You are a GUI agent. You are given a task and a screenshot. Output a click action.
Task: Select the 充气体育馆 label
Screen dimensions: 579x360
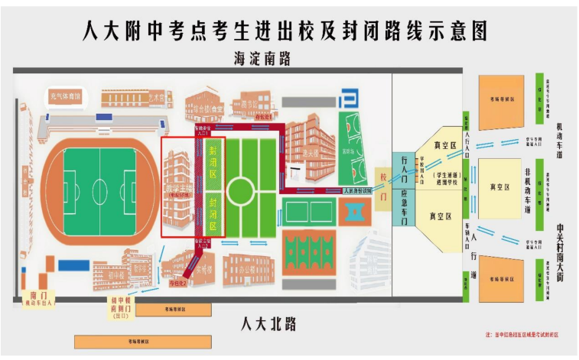pos(65,97)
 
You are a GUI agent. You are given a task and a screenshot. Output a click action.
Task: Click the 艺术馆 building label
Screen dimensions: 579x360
pos(157,98)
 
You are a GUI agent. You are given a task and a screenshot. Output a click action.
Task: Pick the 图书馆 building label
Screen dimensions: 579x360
pos(245,105)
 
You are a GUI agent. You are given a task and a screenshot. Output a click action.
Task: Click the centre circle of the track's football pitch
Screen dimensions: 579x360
pos(99,186)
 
